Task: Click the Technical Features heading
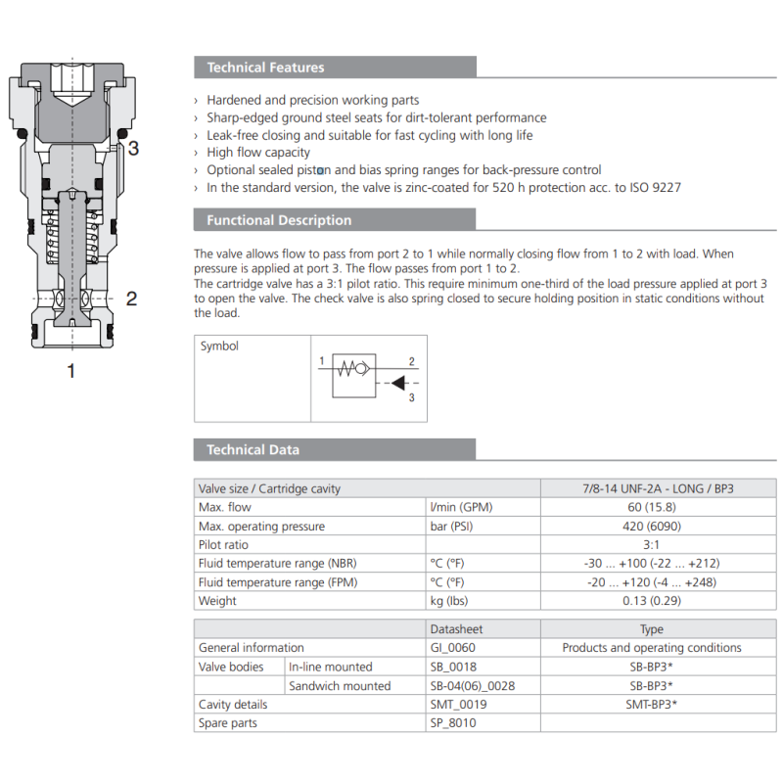[x=264, y=68]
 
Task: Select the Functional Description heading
[x=278, y=220]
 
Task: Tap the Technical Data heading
[x=253, y=450]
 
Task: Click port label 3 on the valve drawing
[x=134, y=149]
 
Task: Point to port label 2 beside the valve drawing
[x=131, y=299]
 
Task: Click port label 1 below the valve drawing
[x=70, y=371]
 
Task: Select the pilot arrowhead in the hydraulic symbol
[x=398, y=383]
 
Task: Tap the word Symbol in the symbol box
[x=219, y=346]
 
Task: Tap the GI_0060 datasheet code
[x=453, y=648]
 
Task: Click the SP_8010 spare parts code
[x=453, y=723]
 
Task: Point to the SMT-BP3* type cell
[x=651, y=705]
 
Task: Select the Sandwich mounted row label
[x=339, y=685]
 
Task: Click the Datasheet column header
[x=457, y=629]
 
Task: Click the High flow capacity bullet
[x=258, y=153]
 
